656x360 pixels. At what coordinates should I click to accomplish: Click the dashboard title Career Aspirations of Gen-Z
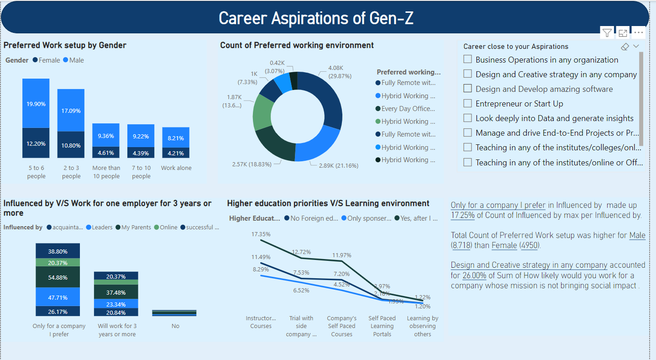[x=316, y=18]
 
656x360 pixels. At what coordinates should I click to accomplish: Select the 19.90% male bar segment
[x=36, y=103]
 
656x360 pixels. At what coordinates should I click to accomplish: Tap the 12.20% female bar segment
[x=36, y=143]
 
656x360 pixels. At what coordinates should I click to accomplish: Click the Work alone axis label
[x=176, y=168]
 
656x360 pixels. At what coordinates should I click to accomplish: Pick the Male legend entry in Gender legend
[x=73, y=60]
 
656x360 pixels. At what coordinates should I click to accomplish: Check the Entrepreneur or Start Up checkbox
[x=467, y=104]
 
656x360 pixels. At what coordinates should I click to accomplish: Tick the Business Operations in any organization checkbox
[x=467, y=59]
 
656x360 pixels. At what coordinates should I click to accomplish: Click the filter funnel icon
[x=607, y=32]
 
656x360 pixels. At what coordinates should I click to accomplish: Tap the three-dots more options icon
[x=638, y=32]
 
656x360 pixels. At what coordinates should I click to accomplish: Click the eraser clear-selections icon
[x=625, y=47]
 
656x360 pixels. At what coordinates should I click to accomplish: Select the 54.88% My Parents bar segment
[x=58, y=277]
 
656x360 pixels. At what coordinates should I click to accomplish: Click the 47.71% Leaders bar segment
[x=58, y=297]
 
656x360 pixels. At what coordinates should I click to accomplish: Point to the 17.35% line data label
[x=261, y=234]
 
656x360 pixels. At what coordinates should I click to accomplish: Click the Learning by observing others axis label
[x=422, y=326]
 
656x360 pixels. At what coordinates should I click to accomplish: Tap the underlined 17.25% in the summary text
[x=463, y=215]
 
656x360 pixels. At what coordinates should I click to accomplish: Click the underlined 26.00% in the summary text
[x=474, y=275]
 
